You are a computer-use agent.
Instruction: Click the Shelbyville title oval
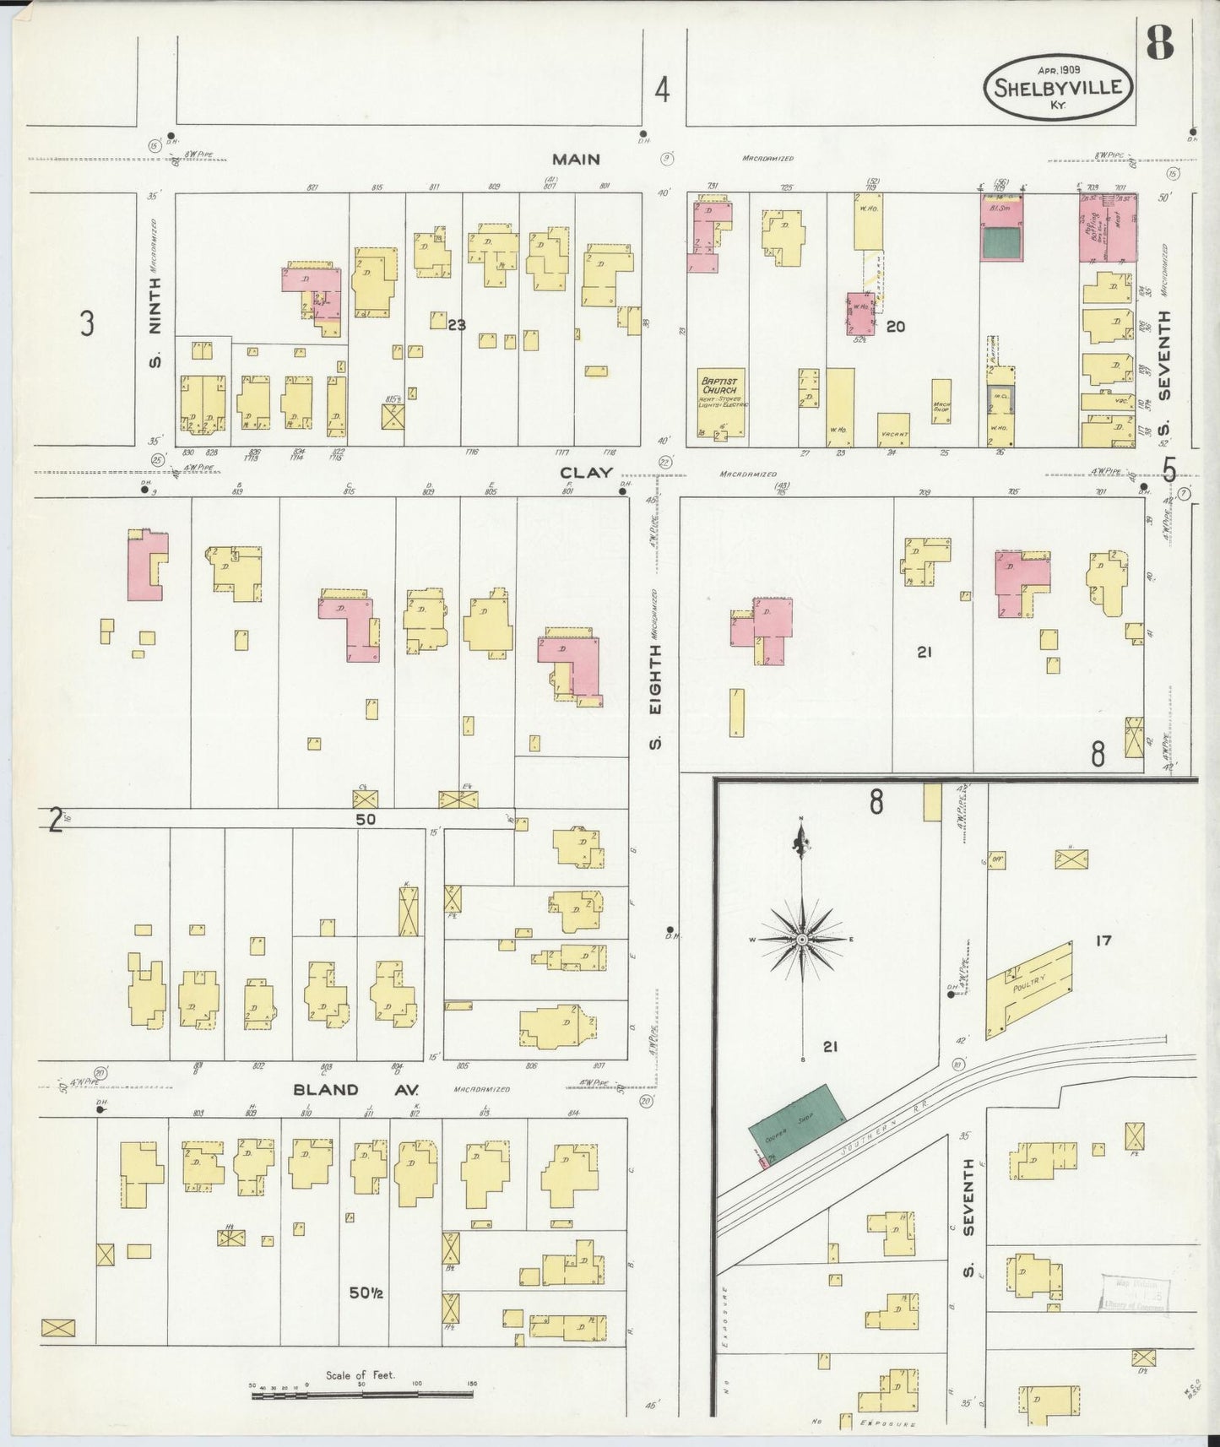pyautogui.click(x=1059, y=88)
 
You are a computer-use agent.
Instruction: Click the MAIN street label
pyautogui.click(x=576, y=159)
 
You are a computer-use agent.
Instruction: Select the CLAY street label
pyautogui.click(x=586, y=473)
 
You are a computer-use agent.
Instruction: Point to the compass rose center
pyautogui.click(x=800, y=939)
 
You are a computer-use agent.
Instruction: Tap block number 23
pyautogui.click(x=456, y=324)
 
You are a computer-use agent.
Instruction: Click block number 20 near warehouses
pyautogui.click(x=895, y=326)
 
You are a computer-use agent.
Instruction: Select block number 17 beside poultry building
pyautogui.click(x=1103, y=940)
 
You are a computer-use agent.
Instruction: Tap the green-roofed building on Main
pyautogui.click(x=1000, y=243)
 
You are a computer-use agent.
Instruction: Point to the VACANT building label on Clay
pyautogui.click(x=893, y=435)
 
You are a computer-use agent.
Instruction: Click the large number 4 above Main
pyautogui.click(x=663, y=90)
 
